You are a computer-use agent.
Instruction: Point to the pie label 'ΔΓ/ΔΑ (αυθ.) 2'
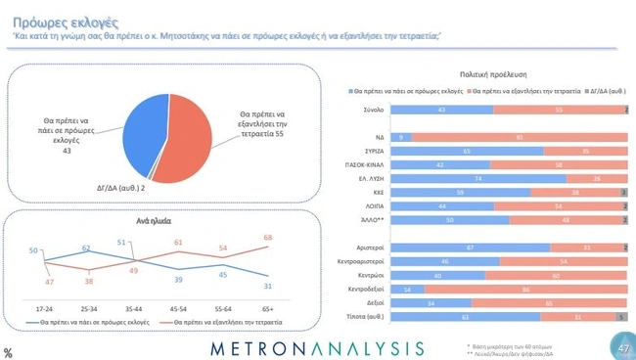coord(121,186)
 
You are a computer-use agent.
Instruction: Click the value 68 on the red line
coord(269,238)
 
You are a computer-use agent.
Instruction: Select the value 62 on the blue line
coord(86,248)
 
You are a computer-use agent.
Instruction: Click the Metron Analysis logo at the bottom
coord(318,348)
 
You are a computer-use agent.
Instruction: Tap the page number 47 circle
coord(623,346)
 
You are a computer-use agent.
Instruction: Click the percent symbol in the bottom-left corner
coord(8,353)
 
